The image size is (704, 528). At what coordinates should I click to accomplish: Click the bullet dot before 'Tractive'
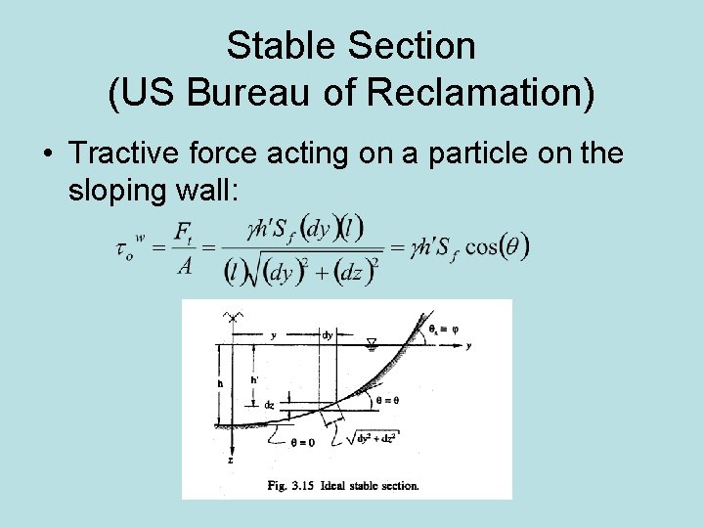click(47, 154)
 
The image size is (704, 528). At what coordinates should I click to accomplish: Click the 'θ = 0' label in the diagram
click(302, 442)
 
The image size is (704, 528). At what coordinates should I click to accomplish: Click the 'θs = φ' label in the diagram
click(440, 330)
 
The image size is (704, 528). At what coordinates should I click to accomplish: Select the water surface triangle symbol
click(371, 343)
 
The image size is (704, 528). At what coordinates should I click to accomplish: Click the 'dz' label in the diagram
click(269, 404)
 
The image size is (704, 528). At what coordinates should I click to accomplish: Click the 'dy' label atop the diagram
click(328, 334)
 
